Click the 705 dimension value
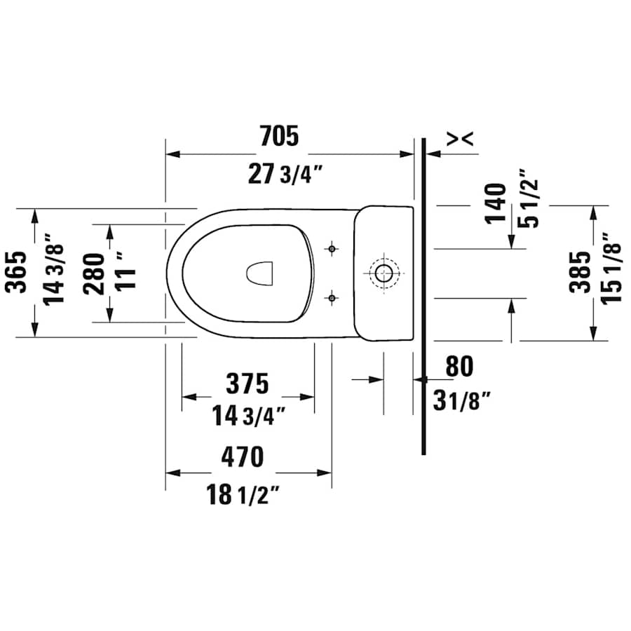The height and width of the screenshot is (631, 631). [279, 136]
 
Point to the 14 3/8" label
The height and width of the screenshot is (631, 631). [55, 269]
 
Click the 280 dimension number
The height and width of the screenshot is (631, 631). [95, 273]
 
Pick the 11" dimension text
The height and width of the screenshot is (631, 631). [127, 270]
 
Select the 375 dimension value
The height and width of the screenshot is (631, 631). [247, 384]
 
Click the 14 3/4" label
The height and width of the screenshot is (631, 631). [249, 416]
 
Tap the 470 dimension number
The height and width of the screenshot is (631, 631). [243, 457]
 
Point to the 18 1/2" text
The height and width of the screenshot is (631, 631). [243, 495]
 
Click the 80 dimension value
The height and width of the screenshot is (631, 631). [459, 366]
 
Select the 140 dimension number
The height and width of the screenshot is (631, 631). [496, 203]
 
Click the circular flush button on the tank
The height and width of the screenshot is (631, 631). [384, 272]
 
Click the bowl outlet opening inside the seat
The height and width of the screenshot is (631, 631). [260, 273]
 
